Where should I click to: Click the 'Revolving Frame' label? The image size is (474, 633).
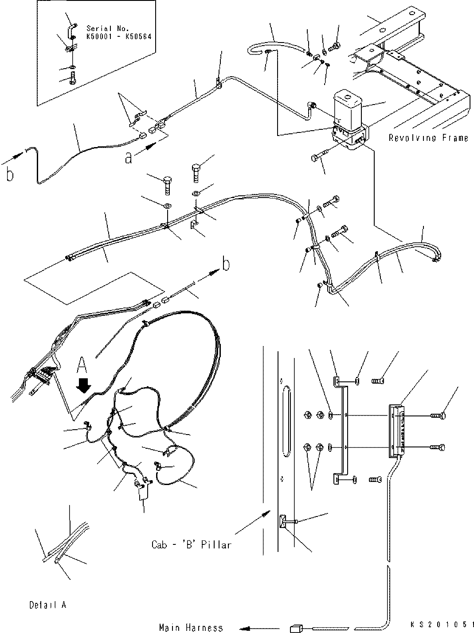pos(428,138)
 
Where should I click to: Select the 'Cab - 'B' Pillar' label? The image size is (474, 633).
pos(191,544)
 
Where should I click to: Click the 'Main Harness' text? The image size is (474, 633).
pos(191,627)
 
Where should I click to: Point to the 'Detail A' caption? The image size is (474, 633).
pos(48,605)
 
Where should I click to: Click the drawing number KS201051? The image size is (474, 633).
pos(439,624)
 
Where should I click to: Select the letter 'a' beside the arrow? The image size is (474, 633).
pos(129,158)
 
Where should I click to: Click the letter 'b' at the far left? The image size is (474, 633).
pos(10,175)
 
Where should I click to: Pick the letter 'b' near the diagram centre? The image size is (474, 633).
pos(226,264)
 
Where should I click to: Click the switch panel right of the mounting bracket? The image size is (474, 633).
pos(397,430)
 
